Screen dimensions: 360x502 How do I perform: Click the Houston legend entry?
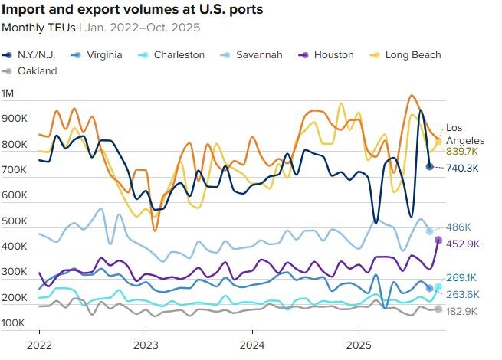pos(328,55)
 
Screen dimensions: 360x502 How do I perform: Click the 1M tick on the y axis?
pos(9,93)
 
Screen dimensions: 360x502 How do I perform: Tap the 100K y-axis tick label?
pos(15,323)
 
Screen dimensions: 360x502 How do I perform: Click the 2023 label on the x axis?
pos(146,345)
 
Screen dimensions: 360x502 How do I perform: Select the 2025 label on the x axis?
pos(359,345)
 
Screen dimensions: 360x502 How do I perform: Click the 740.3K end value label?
pos(462,168)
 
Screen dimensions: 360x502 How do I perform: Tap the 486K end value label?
pos(458,227)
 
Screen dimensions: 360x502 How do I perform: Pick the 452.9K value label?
pos(462,244)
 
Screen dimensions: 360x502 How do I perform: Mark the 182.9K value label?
pos(462,311)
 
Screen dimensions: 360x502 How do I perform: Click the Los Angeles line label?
pos(465,134)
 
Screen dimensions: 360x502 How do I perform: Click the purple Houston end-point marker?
pos(438,241)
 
